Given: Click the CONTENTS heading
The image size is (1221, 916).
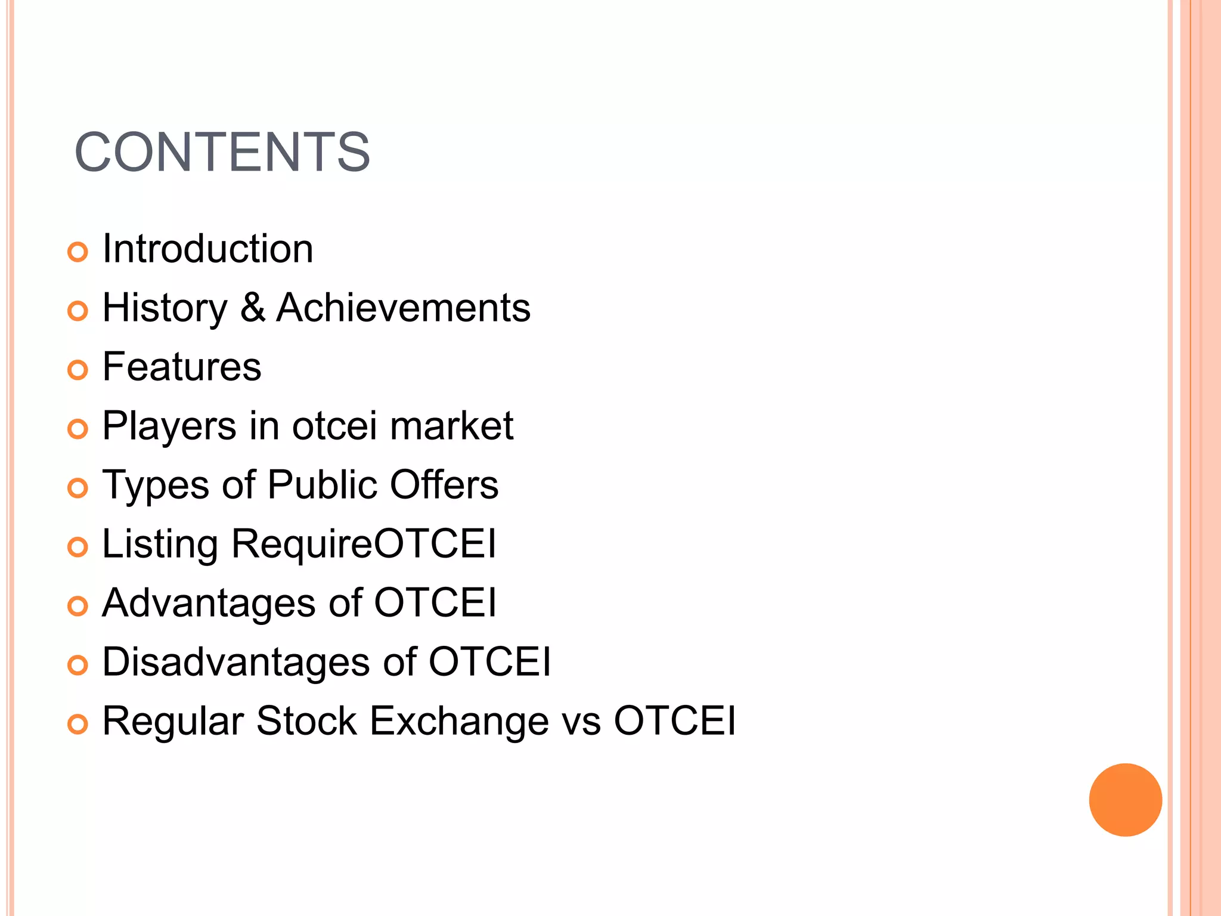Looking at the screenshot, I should [222, 153].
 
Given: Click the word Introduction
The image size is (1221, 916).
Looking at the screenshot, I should [207, 249].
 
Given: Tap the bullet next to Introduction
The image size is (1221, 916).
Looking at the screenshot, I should [78, 252].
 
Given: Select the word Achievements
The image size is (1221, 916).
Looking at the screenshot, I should [403, 308].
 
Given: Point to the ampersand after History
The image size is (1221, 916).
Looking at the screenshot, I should [253, 308].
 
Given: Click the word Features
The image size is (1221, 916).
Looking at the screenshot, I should [182, 367].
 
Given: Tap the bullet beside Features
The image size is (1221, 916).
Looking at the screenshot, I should [78, 370].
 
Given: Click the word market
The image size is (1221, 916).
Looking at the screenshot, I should [452, 426].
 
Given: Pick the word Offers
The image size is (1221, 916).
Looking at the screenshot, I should [444, 485].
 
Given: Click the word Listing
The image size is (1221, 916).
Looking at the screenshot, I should [160, 544].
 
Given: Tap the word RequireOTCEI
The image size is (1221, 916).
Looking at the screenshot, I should [364, 544].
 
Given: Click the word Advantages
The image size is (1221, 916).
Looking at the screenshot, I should [208, 604].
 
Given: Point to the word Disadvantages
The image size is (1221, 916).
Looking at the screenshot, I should [236, 662].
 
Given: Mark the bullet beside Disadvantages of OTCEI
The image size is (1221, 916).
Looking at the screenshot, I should [78, 666].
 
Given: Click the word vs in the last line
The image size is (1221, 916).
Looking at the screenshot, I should [581, 722].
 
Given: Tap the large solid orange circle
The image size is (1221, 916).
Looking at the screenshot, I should [1125, 800].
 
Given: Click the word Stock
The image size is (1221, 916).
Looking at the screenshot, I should [306, 722].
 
